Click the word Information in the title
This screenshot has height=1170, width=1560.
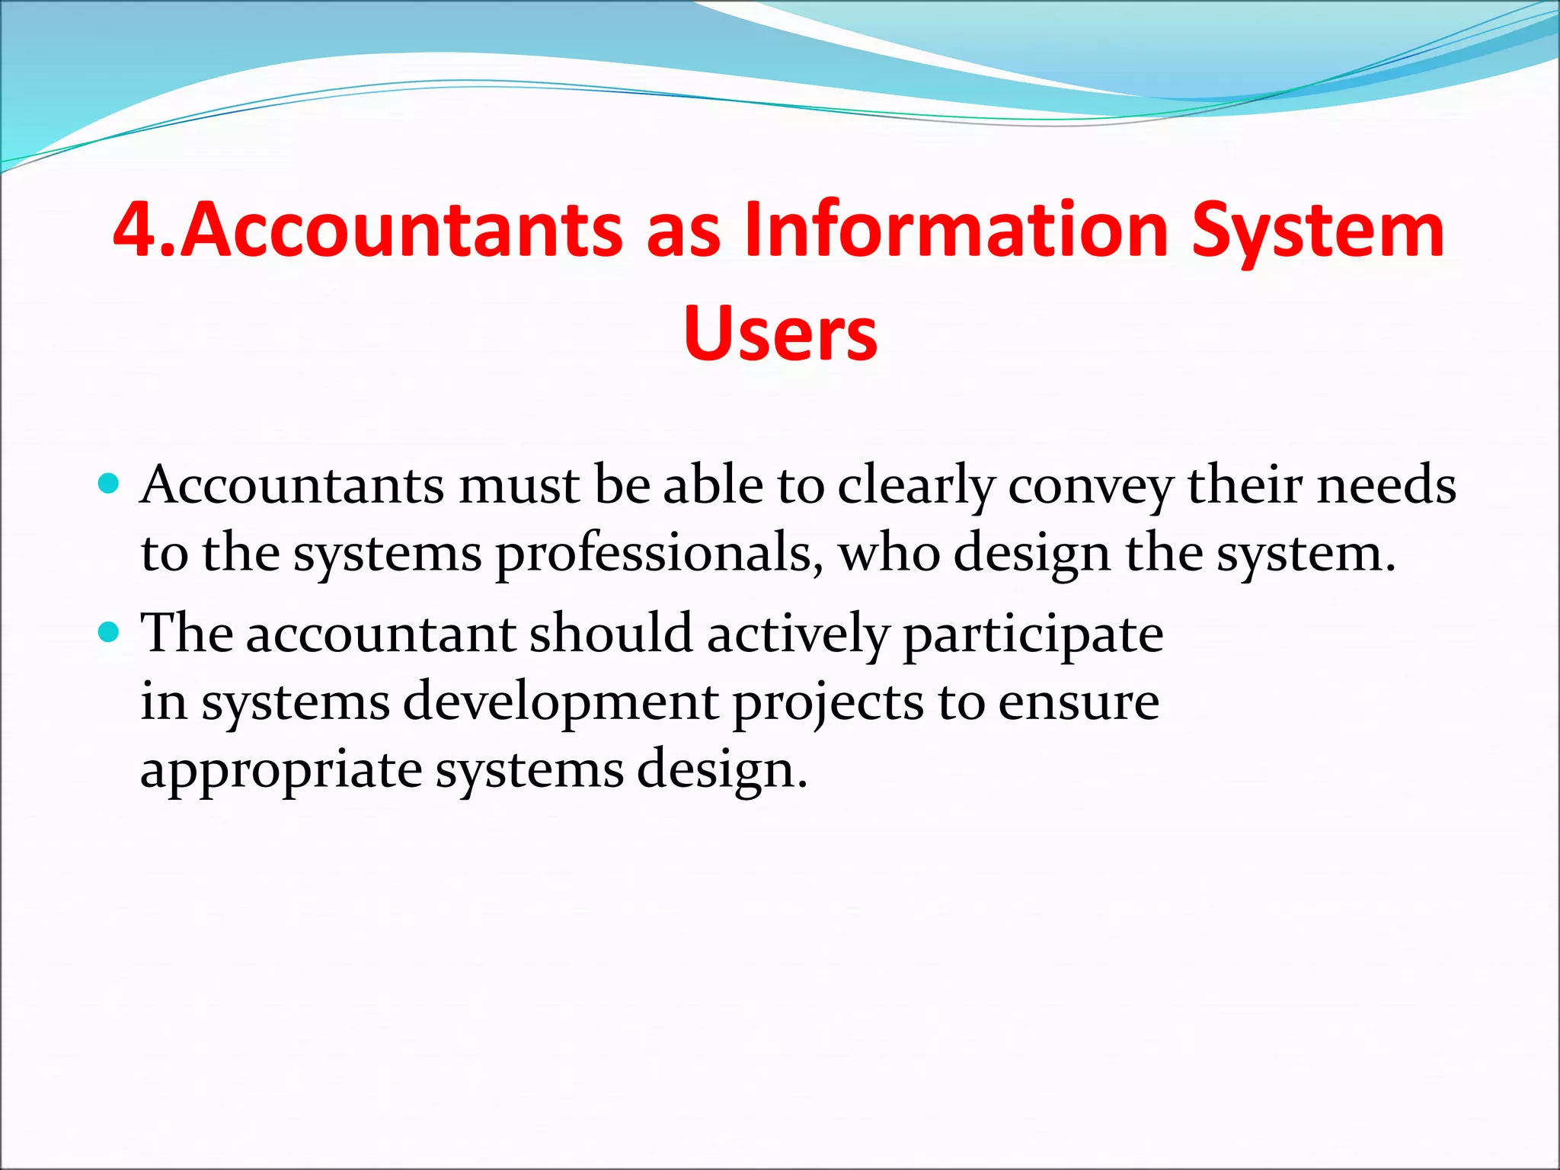(956, 229)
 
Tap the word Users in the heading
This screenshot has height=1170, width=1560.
(780, 334)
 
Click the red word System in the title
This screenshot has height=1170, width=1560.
(1317, 229)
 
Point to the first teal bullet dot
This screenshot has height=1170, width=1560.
(110, 483)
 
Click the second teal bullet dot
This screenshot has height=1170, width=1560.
(110, 631)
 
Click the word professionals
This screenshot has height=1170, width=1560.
(660, 555)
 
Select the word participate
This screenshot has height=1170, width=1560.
(1033, 635)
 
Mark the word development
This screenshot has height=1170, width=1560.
(560, 702)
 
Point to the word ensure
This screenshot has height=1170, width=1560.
(1079, 702)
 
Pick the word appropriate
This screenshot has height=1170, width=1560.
(281, 771)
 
